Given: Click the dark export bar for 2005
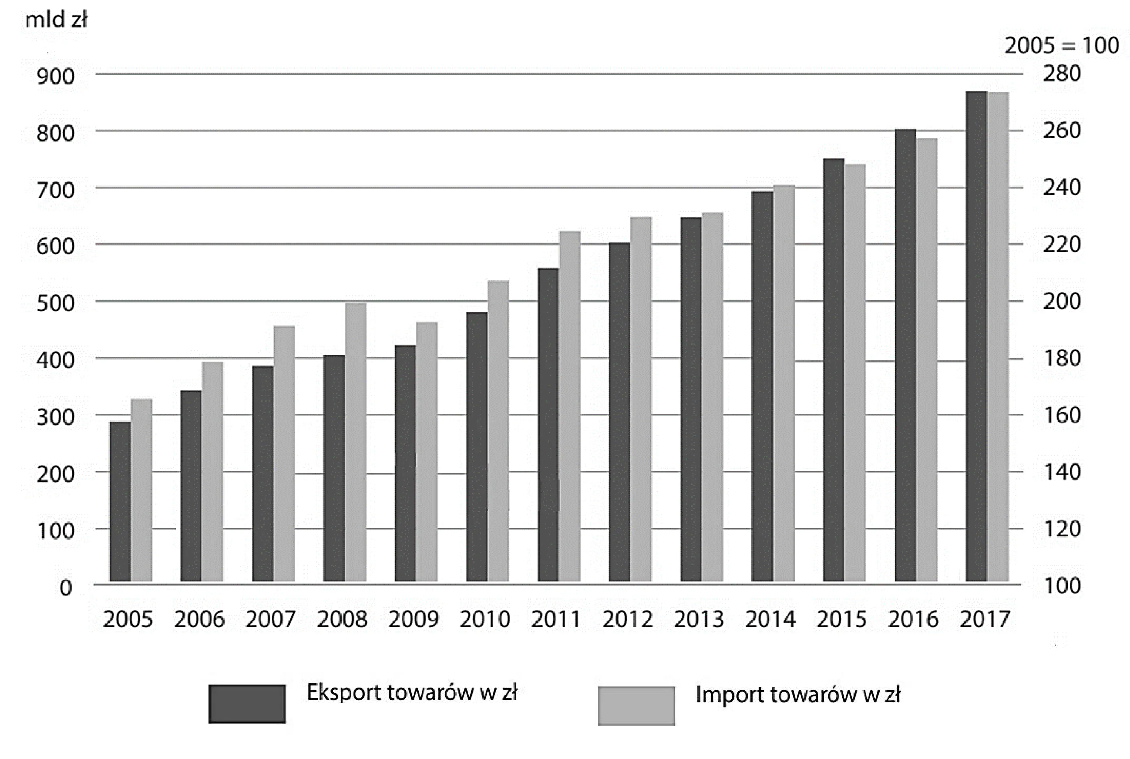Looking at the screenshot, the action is click(120, 501).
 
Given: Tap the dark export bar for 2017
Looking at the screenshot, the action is click(976, 336).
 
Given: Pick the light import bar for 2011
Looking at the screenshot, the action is click(570, 406).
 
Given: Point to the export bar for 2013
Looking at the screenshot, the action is click(691, 400).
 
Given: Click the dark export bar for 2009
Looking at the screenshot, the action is click(406, 463).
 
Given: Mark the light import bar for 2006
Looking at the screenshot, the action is click(212, 471).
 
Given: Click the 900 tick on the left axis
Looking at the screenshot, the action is click(56, 77).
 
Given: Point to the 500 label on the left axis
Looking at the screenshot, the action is click(56, 303).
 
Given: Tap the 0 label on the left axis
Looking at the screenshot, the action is click(66, 588).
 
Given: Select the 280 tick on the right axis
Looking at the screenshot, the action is click(1062, 74).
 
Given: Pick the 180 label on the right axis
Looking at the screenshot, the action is click(1062, 358).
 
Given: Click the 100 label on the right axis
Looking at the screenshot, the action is click(1062, 586).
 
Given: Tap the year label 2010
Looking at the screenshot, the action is click(484, 619).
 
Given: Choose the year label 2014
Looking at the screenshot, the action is click(770, 619).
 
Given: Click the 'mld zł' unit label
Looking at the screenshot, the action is click(56, 20).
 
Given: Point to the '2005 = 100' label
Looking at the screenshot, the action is click(1062, 46).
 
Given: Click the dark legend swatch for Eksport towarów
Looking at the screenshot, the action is click(247, 704).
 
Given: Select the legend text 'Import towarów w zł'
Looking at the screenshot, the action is click(798, 695).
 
